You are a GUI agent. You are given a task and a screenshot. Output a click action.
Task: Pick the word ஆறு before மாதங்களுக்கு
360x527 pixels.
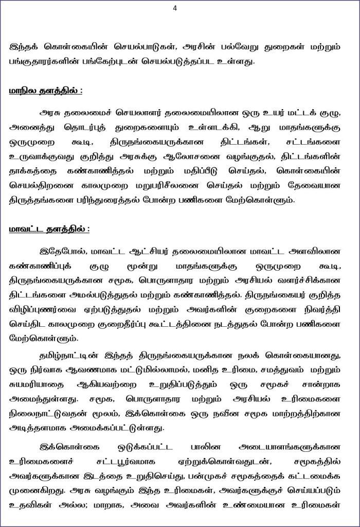pyautogui.click(x=244, y=127)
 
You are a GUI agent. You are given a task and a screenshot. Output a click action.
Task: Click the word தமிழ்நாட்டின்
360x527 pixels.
pyautogui.click(x=66, y=356)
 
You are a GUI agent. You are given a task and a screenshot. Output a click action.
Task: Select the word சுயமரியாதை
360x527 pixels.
pyautogui.click(x=39, y=384)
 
